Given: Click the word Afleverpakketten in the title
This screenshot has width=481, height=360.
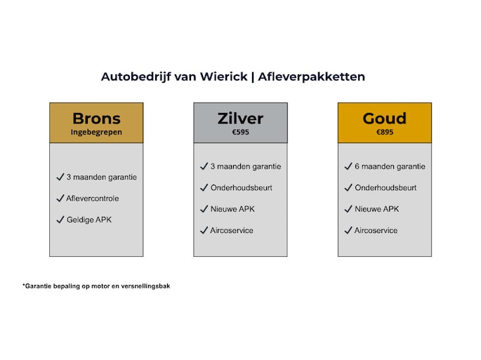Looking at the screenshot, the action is click(x=311, y=76).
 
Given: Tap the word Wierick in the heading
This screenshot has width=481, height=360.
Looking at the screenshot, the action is click(x=223, y=76).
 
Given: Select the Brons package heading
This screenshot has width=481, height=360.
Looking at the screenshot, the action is click(x=96, y=119).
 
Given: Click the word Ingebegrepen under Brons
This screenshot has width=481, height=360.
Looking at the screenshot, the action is click(x=96, y=132).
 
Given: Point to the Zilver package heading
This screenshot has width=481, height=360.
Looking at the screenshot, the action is click(x=240, y=119).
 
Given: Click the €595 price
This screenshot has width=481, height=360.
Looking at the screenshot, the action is click(x=240, y=132).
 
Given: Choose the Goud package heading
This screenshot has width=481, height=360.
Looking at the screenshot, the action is click(x=385, y=119).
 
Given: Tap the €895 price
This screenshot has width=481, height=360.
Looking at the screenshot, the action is click(x=385, y=132).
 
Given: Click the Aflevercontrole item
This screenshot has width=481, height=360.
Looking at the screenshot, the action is click(x=93, y=199).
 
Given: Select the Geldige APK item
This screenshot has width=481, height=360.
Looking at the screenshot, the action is click(x=89, y=220).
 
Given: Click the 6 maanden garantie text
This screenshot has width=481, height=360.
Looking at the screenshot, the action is click(x=390, y=166).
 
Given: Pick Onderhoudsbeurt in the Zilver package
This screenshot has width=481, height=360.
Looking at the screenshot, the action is click(x=241, y=187).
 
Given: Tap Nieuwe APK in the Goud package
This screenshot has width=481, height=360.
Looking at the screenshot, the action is click(x=376, y=209).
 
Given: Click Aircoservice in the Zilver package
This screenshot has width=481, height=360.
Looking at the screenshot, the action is click(x=232, y=231).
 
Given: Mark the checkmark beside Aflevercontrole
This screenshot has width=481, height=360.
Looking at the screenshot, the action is click(x=60, y=198).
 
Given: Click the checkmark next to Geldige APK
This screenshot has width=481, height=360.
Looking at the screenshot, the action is click(x=60, y=220).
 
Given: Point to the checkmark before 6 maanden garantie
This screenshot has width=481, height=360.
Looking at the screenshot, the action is click(x=348, y=166).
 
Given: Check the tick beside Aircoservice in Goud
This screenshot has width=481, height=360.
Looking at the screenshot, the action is click(x=348, y=230).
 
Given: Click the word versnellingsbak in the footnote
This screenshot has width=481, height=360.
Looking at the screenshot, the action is click(x=145, y=286).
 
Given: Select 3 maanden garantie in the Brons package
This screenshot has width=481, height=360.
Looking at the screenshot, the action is click(x=102, y=178).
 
